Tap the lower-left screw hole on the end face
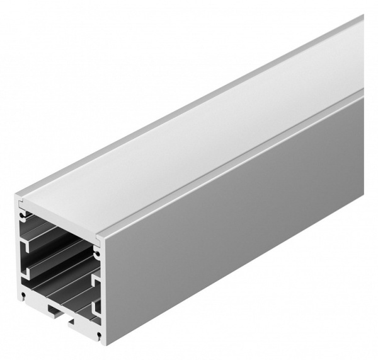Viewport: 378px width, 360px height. [x=23, y=294]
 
